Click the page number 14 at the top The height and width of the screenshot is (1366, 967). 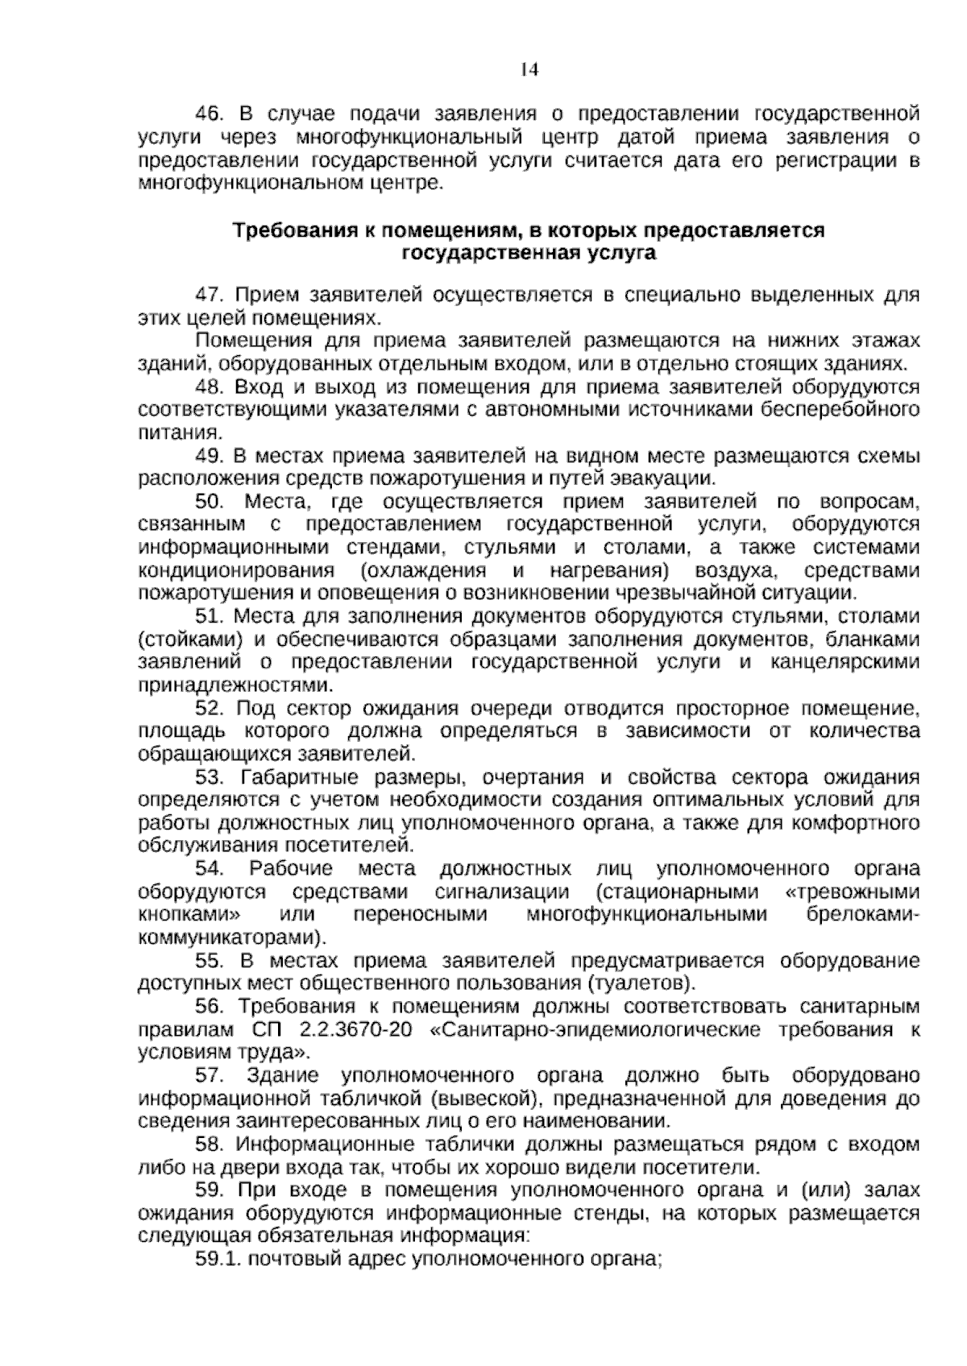pyautogui.click(x=529, y=69)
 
